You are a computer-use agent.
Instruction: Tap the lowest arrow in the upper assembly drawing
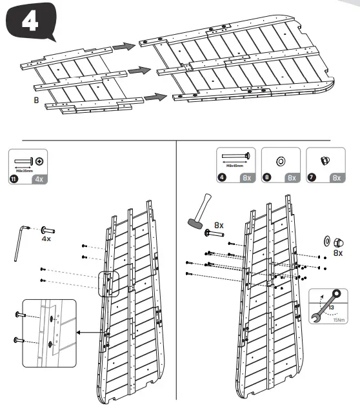152,97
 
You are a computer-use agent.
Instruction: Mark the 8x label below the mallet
219,226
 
